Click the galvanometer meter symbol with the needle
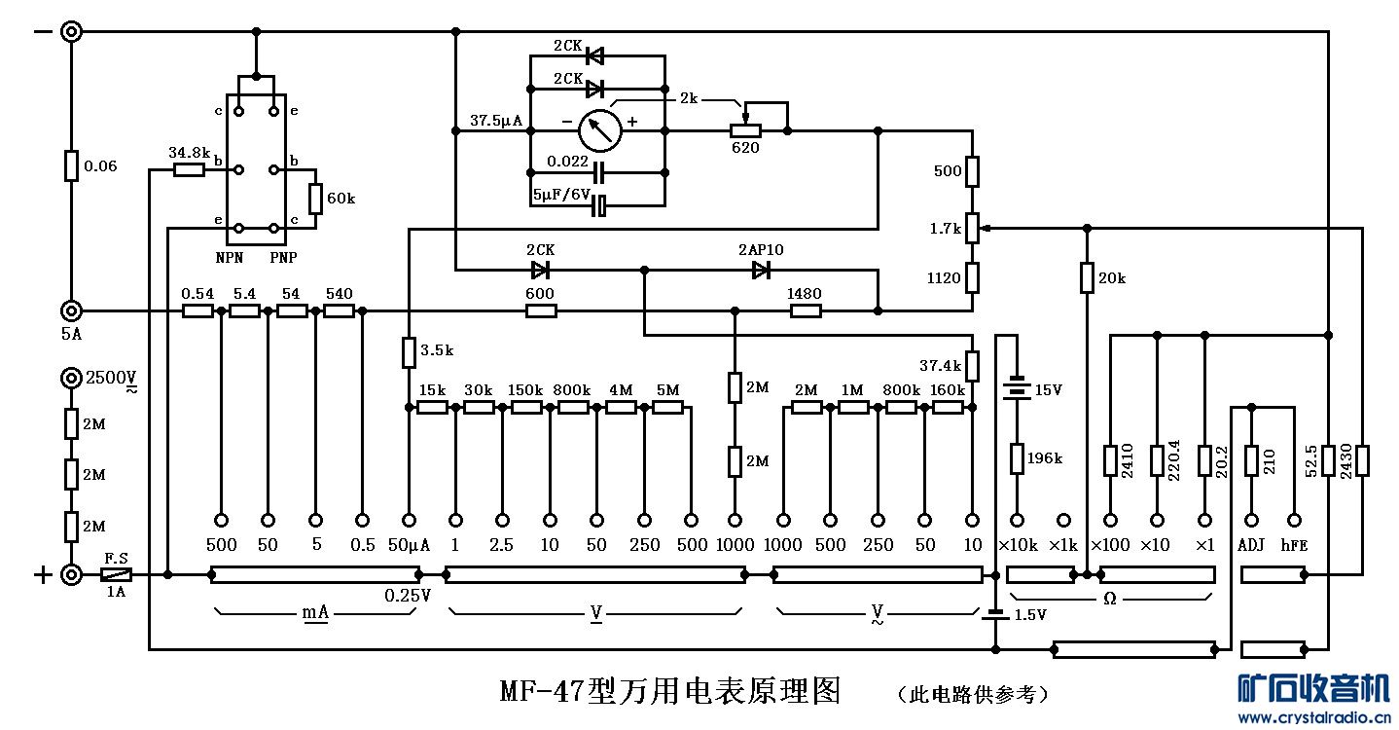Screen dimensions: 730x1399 click(599, 129)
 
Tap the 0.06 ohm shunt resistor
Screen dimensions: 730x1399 click(71, 166)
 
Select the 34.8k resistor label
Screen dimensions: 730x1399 click(191, 153)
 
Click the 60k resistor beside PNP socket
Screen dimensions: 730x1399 click(315, 199)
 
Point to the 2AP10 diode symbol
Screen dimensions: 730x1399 click(761, 270)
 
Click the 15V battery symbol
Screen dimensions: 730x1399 click(1017, 389)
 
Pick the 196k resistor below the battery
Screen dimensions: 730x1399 click(1017, 458)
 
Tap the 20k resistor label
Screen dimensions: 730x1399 click(1112, 278)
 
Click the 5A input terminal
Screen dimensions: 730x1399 click(71, 311)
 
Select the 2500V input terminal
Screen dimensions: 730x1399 click(71, 378)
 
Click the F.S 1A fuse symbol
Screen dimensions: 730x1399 click(117, 574)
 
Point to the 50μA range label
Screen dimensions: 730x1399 click(409, 545)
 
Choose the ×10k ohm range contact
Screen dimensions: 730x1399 click(1018, 521)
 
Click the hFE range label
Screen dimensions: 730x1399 click(1295, 545)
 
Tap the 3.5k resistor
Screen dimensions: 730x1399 click(409, 352)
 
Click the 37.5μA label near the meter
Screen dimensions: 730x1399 click(496, 122)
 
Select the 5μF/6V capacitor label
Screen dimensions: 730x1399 click(561, 194)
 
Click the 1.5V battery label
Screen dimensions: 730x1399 click(1030, 615)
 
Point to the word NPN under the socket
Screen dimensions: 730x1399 click(231, 258)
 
